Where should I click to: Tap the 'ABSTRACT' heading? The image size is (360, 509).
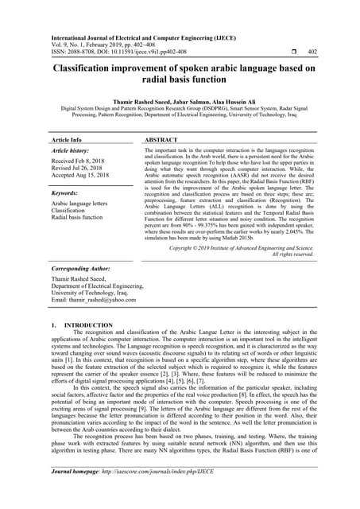[165, 139]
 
